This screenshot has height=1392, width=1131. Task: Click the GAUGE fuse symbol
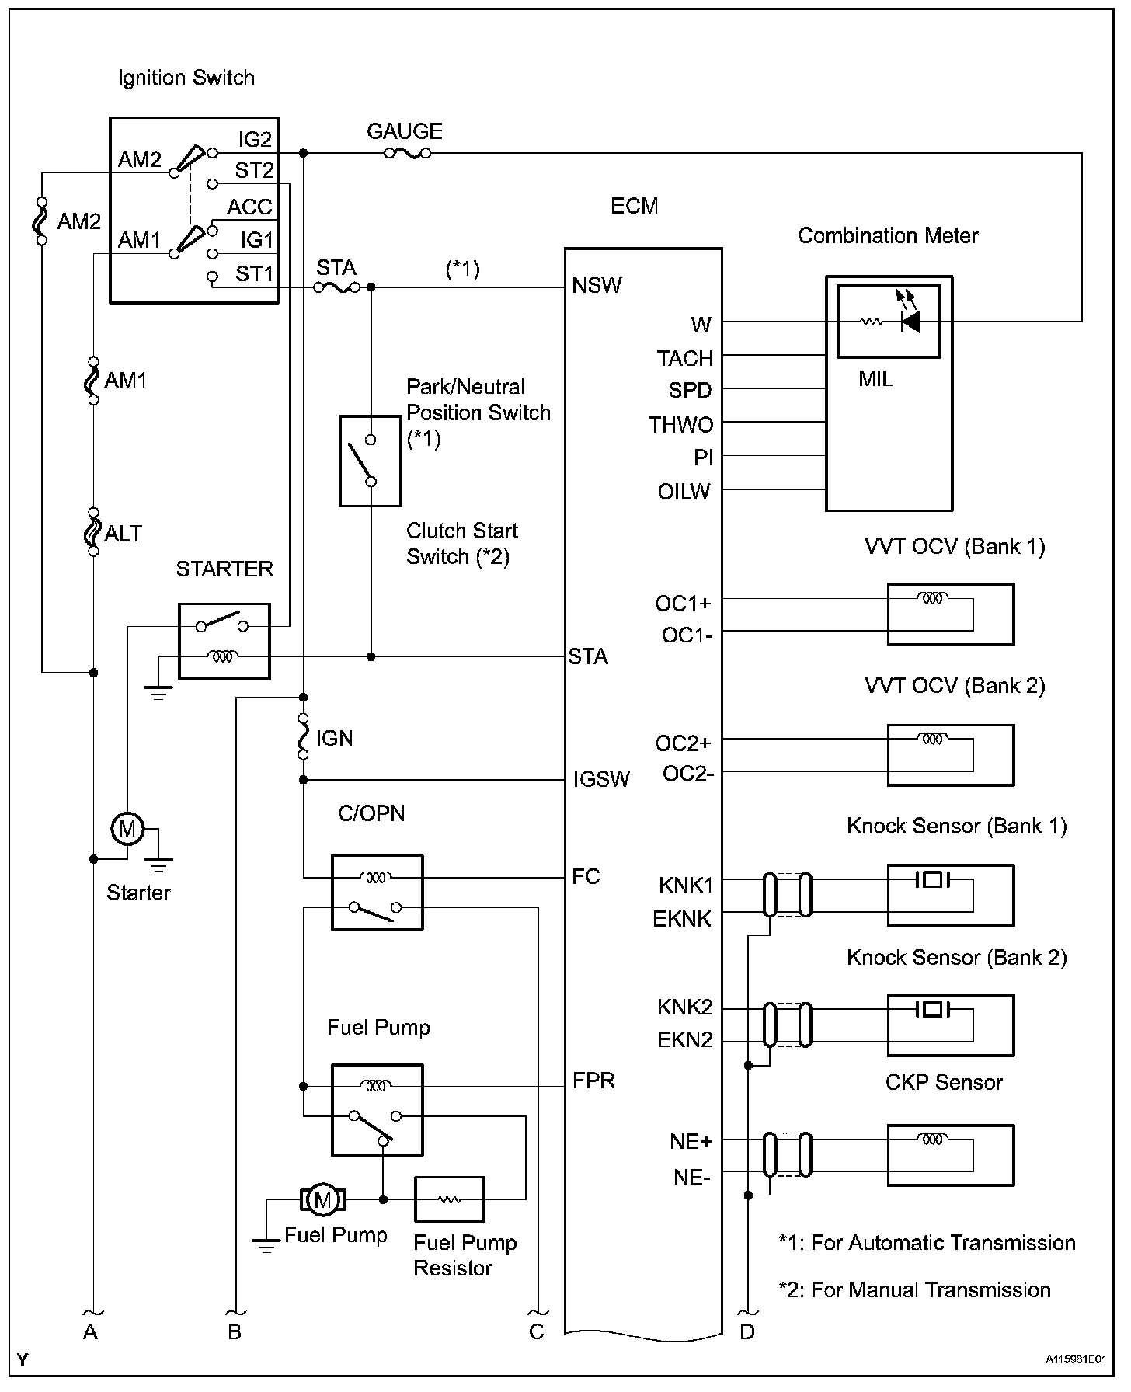pos(406,154)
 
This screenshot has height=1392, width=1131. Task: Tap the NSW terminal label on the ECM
pos(597,285)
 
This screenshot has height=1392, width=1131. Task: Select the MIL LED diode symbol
pos(910,321)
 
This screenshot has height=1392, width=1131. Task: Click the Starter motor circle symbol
pos(126,830)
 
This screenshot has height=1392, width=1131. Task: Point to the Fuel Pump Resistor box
pos(449,1199)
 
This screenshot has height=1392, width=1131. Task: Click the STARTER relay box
pos(224,641)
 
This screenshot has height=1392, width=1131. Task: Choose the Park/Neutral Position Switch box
pos(371,461)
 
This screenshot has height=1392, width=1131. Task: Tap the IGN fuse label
pos(334,738)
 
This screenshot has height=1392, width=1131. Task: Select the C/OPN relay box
pos(378,893)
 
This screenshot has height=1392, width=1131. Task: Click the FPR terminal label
pos(593,1081)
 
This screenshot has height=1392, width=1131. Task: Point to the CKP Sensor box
pos(950,1155)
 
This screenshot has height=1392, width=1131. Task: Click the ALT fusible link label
pos(124,534)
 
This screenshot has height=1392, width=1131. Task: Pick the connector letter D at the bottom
pos(746,1331)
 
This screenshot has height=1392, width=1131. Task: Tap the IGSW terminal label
pos(601,779)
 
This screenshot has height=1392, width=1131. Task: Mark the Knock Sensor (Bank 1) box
pos(950,895)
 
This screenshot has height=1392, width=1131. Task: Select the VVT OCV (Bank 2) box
pos(950,755)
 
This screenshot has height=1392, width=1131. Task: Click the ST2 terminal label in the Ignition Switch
pos(254,170)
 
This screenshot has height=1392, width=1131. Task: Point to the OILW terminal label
pos(684,492)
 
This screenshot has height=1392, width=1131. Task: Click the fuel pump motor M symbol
pos(322,1199)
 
